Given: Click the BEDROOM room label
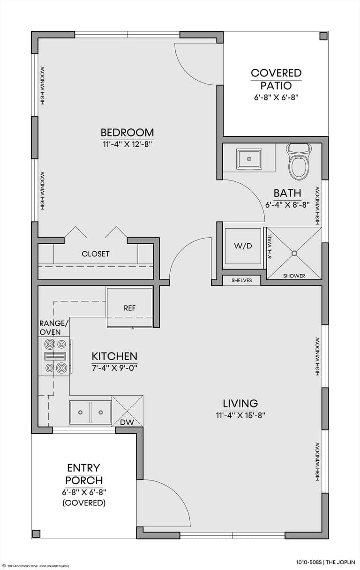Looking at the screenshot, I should [127, 132].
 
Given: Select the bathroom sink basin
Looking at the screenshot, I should [249, 159].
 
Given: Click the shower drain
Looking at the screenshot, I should [294, 253].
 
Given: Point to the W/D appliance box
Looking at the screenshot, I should [243, 247].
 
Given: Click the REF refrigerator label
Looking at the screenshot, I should [129, 308].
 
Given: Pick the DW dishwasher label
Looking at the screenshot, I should [127, 422].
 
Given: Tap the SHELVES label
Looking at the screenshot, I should [241, 280].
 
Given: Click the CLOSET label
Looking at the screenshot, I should [96, 254].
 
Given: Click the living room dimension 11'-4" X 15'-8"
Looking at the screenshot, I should [240, 414].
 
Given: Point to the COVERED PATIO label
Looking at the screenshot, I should [276, 79].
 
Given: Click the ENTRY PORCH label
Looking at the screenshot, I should [84, 474].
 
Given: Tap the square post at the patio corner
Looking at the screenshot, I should [323, 37].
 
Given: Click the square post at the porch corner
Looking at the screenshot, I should [36, 533].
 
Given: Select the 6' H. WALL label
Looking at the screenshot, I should [270, 247].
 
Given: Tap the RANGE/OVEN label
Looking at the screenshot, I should [53, 328].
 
